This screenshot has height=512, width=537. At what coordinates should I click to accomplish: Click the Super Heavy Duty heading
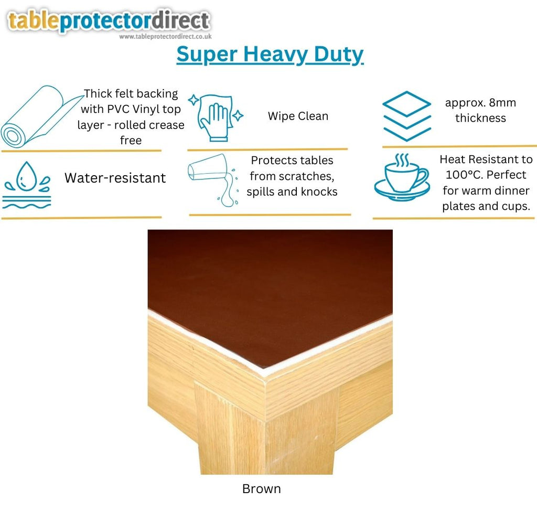tap(270, 55)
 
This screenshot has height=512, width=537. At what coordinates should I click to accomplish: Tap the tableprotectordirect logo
tap(109, 21)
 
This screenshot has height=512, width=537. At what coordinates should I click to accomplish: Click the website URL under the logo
tap(165, 36)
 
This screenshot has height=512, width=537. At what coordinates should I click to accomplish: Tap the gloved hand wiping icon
tap(216, 118)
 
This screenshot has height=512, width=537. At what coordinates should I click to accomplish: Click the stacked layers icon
tap(406, 116)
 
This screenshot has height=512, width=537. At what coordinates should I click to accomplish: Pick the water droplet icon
tap(27, 185)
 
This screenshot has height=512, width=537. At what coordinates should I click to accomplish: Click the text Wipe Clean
tap(298, 116)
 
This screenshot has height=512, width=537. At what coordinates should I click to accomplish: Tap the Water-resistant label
tap(115, 178)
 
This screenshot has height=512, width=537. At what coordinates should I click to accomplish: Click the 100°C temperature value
tap(464, 175)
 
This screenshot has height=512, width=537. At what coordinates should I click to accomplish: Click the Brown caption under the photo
tap(261, 489)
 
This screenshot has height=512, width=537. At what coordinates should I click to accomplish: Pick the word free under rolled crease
tap(131, 140)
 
